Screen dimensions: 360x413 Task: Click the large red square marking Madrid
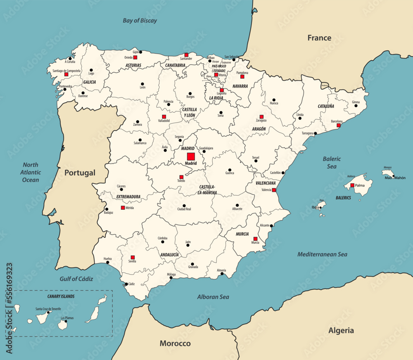click(x=190, y=156)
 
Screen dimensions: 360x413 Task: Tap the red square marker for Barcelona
click(x=339, y=125)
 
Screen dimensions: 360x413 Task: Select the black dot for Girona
click(x=356, y=105)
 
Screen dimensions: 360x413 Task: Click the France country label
click(x=319, y=38)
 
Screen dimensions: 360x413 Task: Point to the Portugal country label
click(x=80, y=173)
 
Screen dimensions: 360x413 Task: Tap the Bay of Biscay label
click(x=140, y=20)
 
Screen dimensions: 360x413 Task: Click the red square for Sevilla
click(x=133, y=257)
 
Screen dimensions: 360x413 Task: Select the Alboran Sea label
click(x=213, y=296)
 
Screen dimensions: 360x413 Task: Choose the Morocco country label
click(x=175, y=343)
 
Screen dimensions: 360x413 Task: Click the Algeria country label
click(x=341, y=330)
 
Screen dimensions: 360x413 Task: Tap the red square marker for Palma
click(x=352, y=185)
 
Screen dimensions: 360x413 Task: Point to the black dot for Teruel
click(x=256, y=161)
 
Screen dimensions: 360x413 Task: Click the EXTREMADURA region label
click(x=128, y=197)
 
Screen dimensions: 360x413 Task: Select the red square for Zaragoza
click(x=261, y=117)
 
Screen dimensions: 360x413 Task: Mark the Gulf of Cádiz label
click(x=76, y=279)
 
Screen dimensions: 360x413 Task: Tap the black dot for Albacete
click(x=237, y=205)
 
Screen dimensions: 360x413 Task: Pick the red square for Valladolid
click(x=164, y=117)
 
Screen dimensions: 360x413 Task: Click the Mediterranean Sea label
click(x=323, y=254)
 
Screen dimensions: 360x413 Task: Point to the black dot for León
click(x=142, y=84)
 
